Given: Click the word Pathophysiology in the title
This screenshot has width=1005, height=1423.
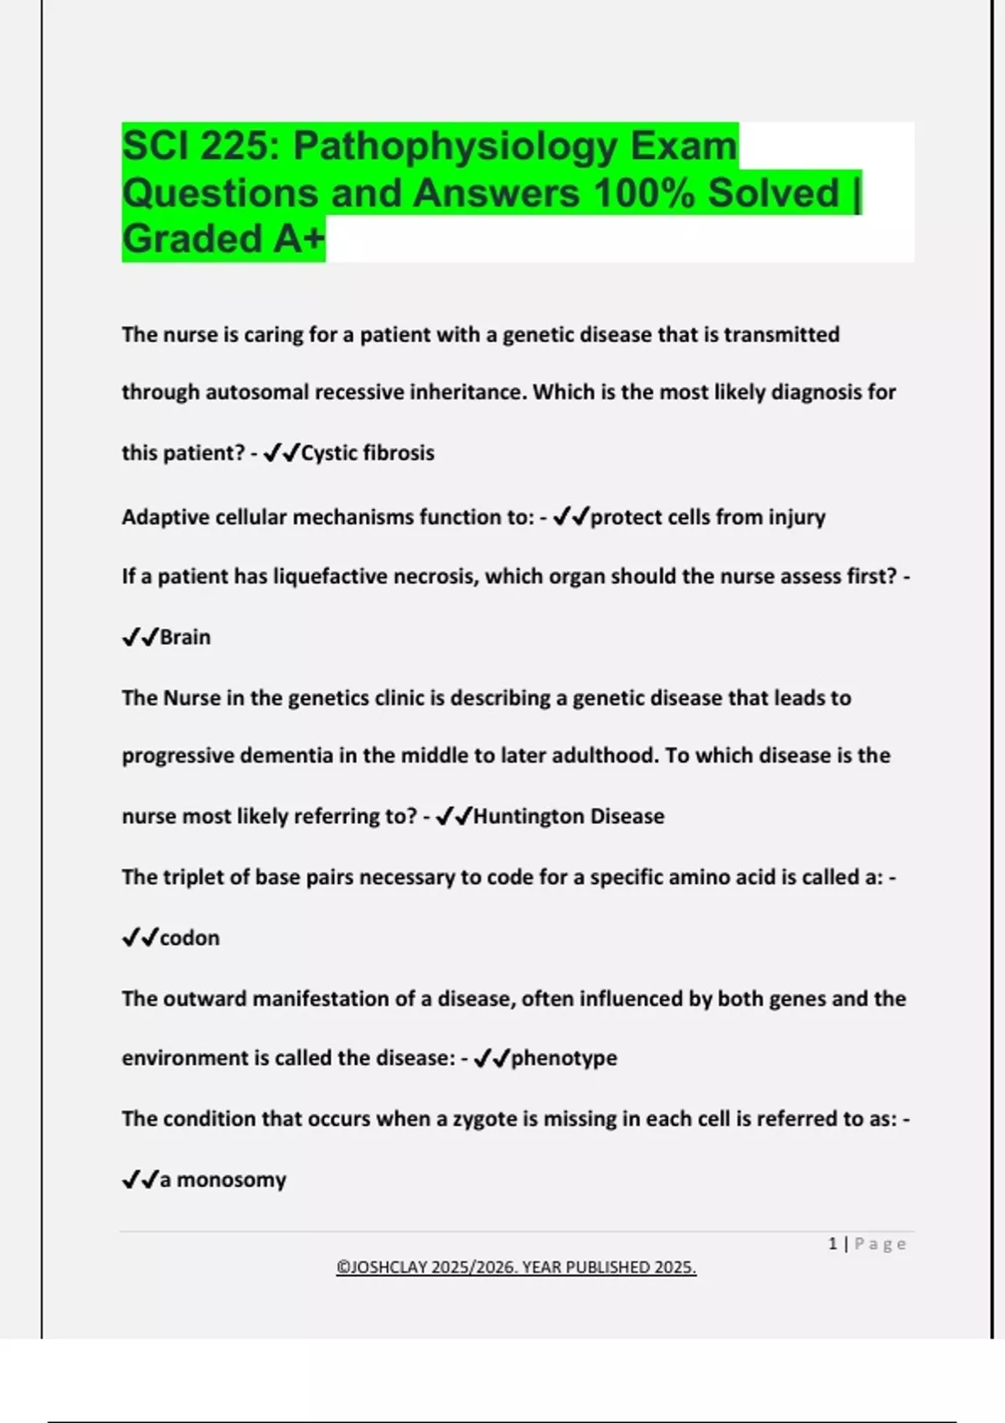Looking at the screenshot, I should [x=456, y=146].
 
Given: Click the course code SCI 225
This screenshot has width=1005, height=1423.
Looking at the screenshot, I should [x=201, y=146].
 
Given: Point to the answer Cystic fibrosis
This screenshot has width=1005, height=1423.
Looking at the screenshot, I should [x=368, y=453].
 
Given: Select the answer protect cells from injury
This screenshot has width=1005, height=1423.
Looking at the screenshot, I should [x=708, y=517].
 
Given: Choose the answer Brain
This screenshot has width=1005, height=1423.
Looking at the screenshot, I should [x=185, y=637].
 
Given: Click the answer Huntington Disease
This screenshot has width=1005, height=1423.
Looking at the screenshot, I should [x=569, y=816].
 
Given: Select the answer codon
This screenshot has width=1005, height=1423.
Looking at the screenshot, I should [x=189, y=938].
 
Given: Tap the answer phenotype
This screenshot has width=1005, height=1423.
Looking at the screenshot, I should [x=564, y=1058].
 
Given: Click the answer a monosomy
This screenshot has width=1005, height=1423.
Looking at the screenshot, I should [x=223, y=1179].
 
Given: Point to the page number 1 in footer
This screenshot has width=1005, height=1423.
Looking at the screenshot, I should [x=832, y=1244].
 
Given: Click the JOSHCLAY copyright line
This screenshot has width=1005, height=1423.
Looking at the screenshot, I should [x=516, y=1267].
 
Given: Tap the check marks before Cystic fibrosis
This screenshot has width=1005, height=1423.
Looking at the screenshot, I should [x=281, y=453].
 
